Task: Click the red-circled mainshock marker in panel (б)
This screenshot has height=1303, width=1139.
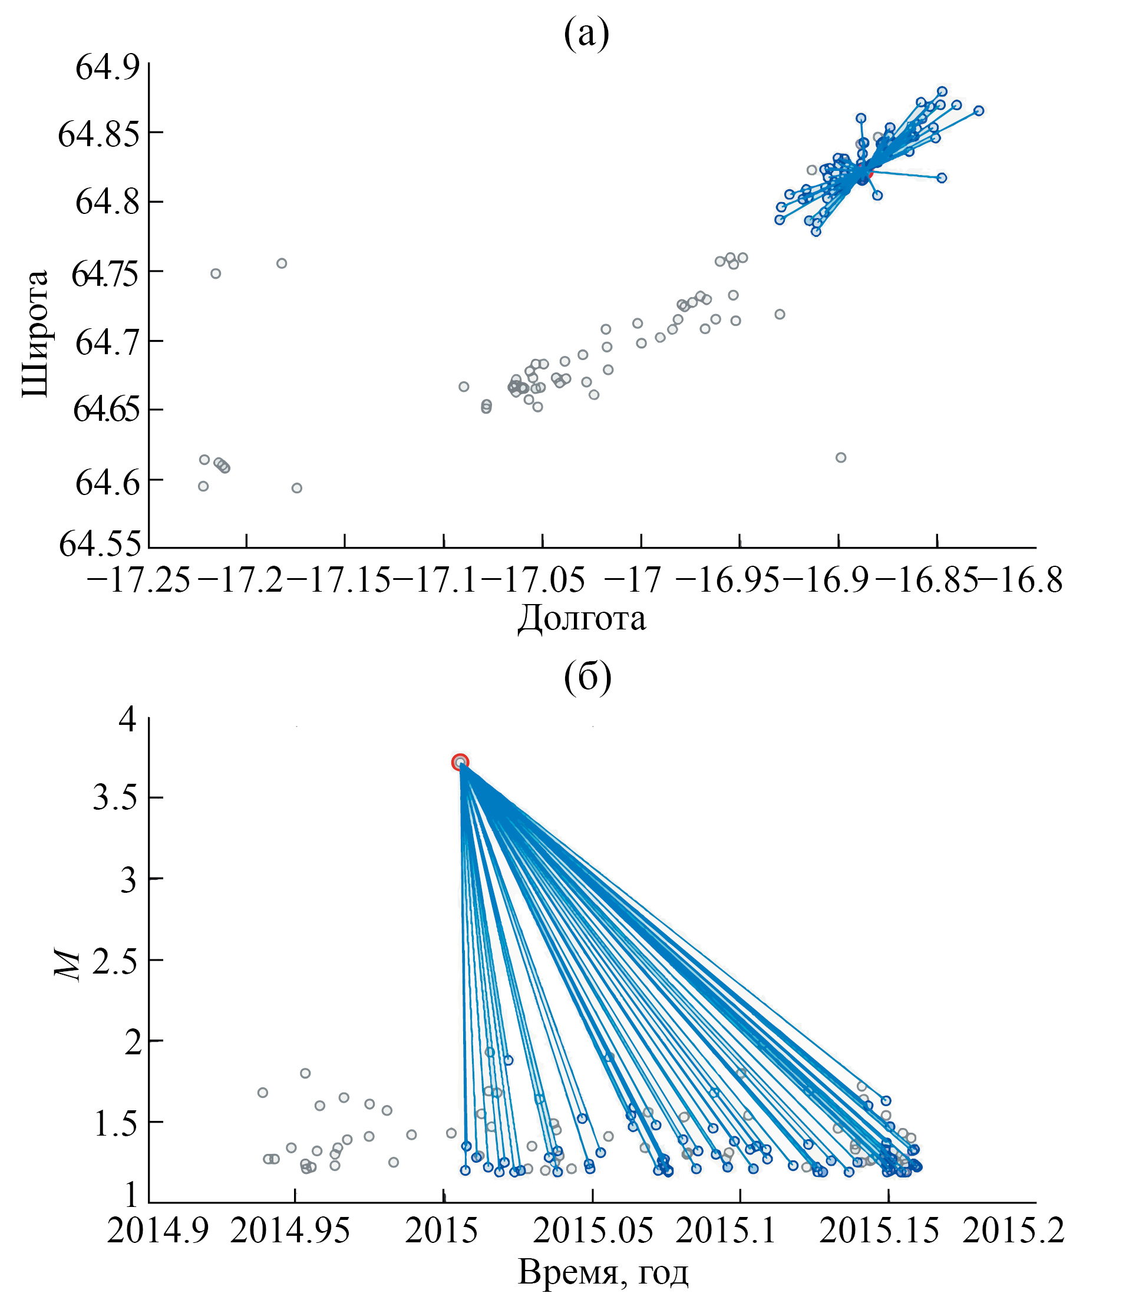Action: click(460, 762)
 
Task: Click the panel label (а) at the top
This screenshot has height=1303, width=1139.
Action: click(586, 33)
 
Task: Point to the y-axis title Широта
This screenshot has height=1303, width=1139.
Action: click(35, 333)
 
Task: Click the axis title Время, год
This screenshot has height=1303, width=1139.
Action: click(603, 1272)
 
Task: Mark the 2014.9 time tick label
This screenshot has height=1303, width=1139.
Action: click(148, 1231)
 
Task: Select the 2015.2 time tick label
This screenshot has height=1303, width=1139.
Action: click(1013, 1231)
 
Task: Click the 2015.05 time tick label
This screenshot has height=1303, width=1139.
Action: click(592, 1231)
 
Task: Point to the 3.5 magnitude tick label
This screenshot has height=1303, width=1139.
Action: click(114, 799)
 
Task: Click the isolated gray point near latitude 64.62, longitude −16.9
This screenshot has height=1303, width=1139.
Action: click(840, 458)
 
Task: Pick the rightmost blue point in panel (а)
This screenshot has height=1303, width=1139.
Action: click(979, 111)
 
